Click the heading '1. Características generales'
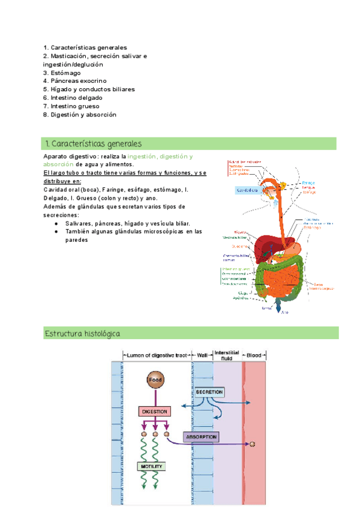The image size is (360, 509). click(93, 144)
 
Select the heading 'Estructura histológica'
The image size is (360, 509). click(83, 333)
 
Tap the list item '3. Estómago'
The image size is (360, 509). click(61, 73)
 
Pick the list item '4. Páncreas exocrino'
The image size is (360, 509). click(75, 81)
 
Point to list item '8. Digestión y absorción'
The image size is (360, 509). click(80, 115)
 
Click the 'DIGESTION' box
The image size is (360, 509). click(155, 412)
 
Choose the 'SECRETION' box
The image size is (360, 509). click(209, 392)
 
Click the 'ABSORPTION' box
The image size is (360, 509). click(201, 437)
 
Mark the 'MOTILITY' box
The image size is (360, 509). click(151, 466)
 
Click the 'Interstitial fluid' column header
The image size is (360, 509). click(227, 355)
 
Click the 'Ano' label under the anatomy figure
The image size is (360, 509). click(285, 313)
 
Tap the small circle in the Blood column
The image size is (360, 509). click(253, 444)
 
